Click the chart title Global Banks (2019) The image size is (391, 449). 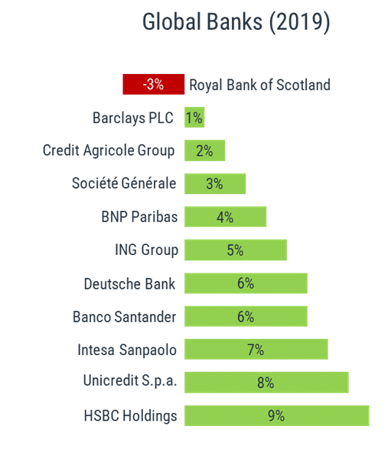(236, 23)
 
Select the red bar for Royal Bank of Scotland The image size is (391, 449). (153, 84)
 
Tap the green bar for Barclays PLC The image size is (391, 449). (194, 118)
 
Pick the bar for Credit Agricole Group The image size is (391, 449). (204, 150)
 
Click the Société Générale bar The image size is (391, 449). (215, 184)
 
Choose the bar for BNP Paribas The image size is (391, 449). (225, 217)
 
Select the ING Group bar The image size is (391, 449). (235, 250)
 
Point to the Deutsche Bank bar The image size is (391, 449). (246, 283)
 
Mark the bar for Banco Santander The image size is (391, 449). (246, 316)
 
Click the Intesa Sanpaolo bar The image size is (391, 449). (256, 350)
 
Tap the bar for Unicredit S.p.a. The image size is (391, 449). (266, 383)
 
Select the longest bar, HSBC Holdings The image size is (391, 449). (276, 416)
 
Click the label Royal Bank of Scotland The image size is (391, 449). (259, 85)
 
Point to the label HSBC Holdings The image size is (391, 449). (130, 416)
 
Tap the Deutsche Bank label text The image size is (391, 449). (129, 283)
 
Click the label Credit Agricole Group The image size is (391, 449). (109, 150)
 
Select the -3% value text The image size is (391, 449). (153, 84)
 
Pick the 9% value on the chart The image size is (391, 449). (276, 416)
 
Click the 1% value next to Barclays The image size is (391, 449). (194, 118)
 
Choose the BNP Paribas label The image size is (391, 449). (139, 217)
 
